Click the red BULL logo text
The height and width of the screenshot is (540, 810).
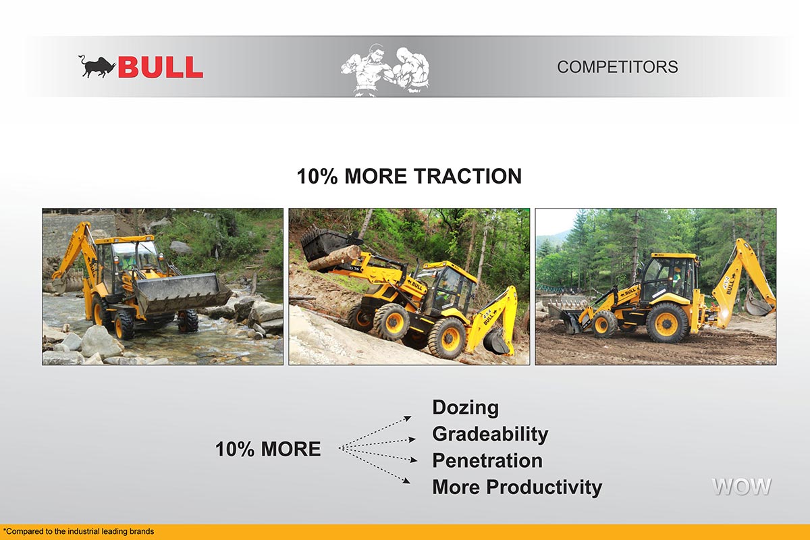pyautogui.click(x=161, y=67)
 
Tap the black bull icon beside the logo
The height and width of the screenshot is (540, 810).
pyautogui.click(x=97, y=67)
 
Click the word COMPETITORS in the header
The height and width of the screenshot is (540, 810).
pyautogui.click(x=617, y=67)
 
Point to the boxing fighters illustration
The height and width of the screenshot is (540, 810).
pyautogui.click(x=385, y=70)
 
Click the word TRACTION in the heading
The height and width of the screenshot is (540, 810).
pyautogui.click(x=468, y=176)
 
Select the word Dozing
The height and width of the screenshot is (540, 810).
pyautogui.click(x=465, y=408)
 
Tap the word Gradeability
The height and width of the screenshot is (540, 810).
pyautogui.click(x=490, y=434)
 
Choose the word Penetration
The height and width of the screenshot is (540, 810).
pyautogui.click(x=487, y=460)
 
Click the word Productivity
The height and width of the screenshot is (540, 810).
pyautogui.click(x=544, y=487)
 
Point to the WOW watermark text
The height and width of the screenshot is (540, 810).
pyautogui.click(x=741, y=487)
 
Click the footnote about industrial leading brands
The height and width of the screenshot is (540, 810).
pyautogui.click(x=78, y=531)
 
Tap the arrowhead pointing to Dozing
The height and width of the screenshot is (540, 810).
pyautogui.click(x=408, y=418)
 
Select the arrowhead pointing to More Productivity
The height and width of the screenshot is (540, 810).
pyautogui.click(x=406, y=481)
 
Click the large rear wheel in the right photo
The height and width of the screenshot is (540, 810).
pyautogui.click(x=667, y=322)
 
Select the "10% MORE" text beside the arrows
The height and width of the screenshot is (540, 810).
pyautogui.click(x=268, y=449)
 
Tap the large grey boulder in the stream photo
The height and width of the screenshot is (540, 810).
pyautogui.click(x=101, y=341)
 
